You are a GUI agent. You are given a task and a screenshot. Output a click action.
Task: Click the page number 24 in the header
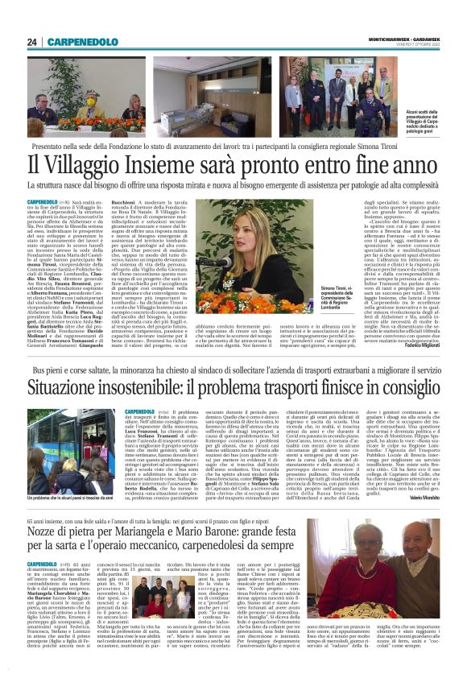pyautogui.click(x=32, y=43)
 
